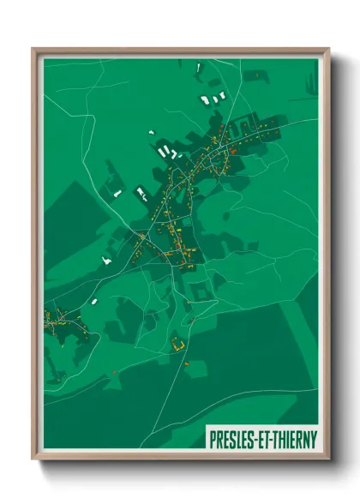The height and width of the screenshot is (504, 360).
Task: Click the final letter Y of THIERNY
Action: tap(314, 438)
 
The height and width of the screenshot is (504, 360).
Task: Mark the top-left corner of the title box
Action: tap(206, 427)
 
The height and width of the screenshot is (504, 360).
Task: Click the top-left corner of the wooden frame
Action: tap(33, 48)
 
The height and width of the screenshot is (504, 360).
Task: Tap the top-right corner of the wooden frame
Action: tap(329, 48)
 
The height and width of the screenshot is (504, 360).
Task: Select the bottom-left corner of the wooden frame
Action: tap(33, 459)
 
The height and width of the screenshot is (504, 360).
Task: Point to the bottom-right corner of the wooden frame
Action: tap(329, 459)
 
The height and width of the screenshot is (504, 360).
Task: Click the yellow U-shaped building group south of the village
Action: tap(178, 345)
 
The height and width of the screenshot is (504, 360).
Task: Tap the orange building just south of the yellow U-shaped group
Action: tap(186, 363)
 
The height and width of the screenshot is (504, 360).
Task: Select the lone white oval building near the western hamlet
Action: tap(93, 302)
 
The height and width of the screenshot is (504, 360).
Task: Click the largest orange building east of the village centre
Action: tap(232, 152)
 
